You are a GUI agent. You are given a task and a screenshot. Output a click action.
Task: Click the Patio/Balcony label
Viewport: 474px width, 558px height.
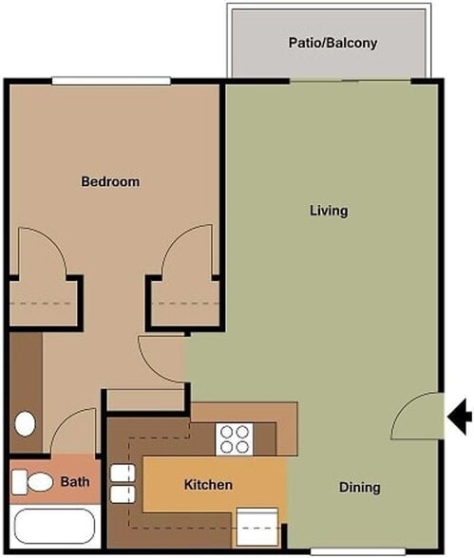pyautogui.click(x=332, y=43)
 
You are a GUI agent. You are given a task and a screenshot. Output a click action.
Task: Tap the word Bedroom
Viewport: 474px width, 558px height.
pyautogui.click(x=110, y=181)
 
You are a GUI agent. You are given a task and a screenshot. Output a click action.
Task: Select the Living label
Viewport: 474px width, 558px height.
pyautogui.click(x=329, y=210)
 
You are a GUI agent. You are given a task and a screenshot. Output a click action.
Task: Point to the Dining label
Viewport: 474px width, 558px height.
pyautogui.click(x=359, y=488)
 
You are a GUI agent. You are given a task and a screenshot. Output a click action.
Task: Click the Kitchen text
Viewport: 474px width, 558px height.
pyautogui.click(x=207, y=485)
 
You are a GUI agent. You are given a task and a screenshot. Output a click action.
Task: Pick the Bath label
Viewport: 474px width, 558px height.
pyautogui.click(x=75, y=482)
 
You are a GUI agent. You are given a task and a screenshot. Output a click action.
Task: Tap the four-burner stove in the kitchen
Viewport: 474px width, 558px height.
pyautogui.click(x=234, y=438)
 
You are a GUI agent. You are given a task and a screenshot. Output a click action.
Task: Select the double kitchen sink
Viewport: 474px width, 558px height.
pyautogui.click(x=120, y=484)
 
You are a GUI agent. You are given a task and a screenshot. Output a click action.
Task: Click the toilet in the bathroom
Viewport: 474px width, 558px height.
pyautogui.click(x=36, y=483)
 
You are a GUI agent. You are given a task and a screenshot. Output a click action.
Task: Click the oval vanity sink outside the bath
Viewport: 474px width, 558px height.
pyautogui.click(x=26, y=421)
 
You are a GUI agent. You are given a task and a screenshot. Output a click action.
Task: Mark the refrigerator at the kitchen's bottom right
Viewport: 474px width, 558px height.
pyautogui.click(x=257, y=525)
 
